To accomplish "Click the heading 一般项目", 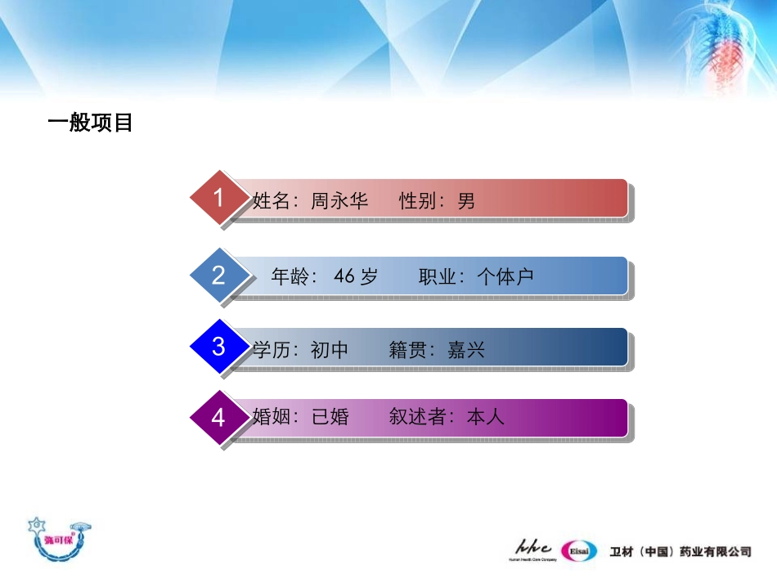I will pos(91,123).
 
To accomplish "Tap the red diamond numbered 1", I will pos(218,198).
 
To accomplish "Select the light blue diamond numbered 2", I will pos(218,275).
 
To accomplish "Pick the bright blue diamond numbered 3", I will pos(218,346).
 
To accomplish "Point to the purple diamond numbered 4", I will pos(218,418).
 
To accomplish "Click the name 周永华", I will pos(340,201).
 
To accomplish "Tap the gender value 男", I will pos(466,201).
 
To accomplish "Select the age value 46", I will pos(344,277).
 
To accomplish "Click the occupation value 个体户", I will pos(505,277).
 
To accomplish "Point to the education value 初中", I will pos(330,351).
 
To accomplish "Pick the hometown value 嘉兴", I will pos(466,351).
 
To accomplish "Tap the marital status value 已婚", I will pos(330,417).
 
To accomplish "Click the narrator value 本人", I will pos(486,417).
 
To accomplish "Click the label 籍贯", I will pos(407,351).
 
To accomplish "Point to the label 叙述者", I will pos(417,417).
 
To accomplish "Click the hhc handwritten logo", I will pos(534,547).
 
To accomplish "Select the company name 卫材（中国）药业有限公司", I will pos(680,552).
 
